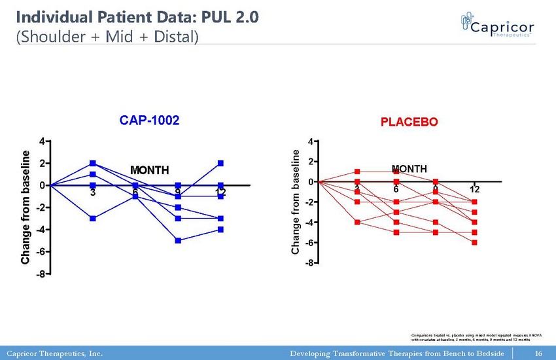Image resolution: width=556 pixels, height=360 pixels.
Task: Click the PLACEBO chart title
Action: click(x=409, y=122)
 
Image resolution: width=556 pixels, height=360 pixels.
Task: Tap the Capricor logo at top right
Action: click(x=497, y=27)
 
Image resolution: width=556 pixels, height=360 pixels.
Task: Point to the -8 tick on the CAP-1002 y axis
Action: click(x=41, y=274)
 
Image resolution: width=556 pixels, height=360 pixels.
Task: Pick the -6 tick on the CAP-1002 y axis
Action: click(x=41, y=252)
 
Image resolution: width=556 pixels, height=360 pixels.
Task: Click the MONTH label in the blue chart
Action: click(x=150, y=171)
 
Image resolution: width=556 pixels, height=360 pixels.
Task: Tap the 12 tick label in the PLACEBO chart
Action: click(x=474, y=189)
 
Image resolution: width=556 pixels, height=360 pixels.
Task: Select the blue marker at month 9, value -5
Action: click(x=178, y=240)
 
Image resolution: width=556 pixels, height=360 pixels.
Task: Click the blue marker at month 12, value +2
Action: click(x=221, y=163)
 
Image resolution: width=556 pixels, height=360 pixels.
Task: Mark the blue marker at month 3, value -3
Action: click(x=93, y=219)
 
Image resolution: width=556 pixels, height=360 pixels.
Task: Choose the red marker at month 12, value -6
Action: click(x=474, y=242)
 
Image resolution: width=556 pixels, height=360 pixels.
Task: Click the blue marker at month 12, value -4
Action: click(x=221, y=229)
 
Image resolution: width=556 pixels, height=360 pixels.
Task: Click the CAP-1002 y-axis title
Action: click(x=26, y=207)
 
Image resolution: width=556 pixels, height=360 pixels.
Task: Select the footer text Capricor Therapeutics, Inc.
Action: click(x=54, y=354)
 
